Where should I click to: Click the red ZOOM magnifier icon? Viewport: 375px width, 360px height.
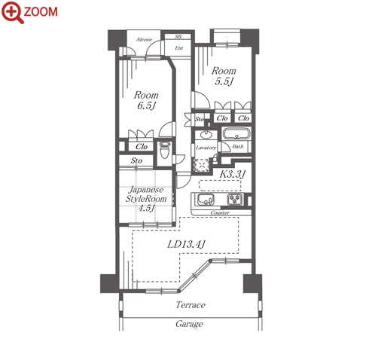coord(13,12)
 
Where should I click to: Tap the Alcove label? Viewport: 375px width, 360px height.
coord(144,39)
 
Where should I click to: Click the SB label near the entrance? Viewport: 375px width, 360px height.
coord(178,37)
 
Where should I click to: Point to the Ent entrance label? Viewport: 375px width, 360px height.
coord(179,47)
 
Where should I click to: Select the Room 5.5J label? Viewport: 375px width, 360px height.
coord(224,76)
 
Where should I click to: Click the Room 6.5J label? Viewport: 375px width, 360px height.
coord(146,100)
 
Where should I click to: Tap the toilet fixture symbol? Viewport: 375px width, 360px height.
coord(165,150)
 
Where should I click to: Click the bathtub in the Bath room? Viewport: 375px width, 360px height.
coord(236,133)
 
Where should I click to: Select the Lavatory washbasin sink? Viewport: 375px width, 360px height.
coord(206,135)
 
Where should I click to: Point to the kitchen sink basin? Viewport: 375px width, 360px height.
coord(206,200)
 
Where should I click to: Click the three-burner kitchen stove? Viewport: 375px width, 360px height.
coord(235,200)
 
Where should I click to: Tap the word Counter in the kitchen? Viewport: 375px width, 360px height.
coord(220,212)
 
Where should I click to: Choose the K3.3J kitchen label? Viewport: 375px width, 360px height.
coord(233,174)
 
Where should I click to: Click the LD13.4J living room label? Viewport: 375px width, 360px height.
coord(186,244)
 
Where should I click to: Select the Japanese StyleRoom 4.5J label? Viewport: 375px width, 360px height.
coord(146,199)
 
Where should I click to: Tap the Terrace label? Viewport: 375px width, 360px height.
coord(191,305)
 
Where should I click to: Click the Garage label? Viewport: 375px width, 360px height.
coord(189,324)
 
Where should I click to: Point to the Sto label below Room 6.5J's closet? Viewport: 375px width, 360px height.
coord(136,160)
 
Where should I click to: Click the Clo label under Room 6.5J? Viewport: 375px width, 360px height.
coord(142,146)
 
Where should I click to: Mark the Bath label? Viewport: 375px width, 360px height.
coord(238,146)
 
